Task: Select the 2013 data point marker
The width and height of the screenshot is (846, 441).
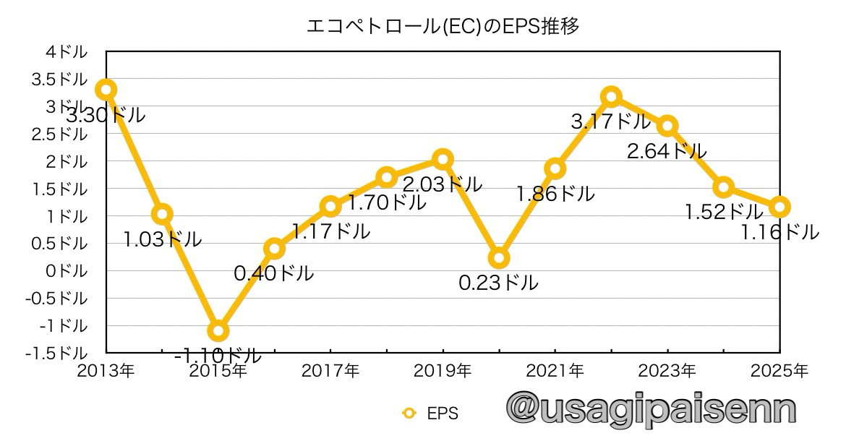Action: [106, 90]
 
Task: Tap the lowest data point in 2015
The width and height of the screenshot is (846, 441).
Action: [218, 331]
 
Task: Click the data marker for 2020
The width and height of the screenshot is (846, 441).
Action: [499, 258]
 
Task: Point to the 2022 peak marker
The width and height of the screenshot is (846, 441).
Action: [611, 96]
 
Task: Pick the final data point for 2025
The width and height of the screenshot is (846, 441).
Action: [779, 207]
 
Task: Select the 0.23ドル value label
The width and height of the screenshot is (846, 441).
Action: [498, 283]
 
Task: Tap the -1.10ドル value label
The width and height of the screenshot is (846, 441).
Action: [218, 356]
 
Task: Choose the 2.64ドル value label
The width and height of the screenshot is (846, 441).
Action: [667, 152]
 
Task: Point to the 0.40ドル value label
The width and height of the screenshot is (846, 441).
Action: [273, 273]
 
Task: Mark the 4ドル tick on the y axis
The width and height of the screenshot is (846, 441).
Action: [67, 52]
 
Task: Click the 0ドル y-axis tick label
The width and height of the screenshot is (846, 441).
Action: [67, 271]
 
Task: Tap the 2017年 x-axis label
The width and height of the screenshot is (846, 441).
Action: [330, 371]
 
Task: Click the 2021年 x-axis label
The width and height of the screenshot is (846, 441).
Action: [555, 371]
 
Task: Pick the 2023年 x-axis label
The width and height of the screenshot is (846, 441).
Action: [667, 371]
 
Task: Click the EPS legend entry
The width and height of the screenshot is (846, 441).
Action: [431, 414]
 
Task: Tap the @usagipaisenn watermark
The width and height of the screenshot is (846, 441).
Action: [651, 409]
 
